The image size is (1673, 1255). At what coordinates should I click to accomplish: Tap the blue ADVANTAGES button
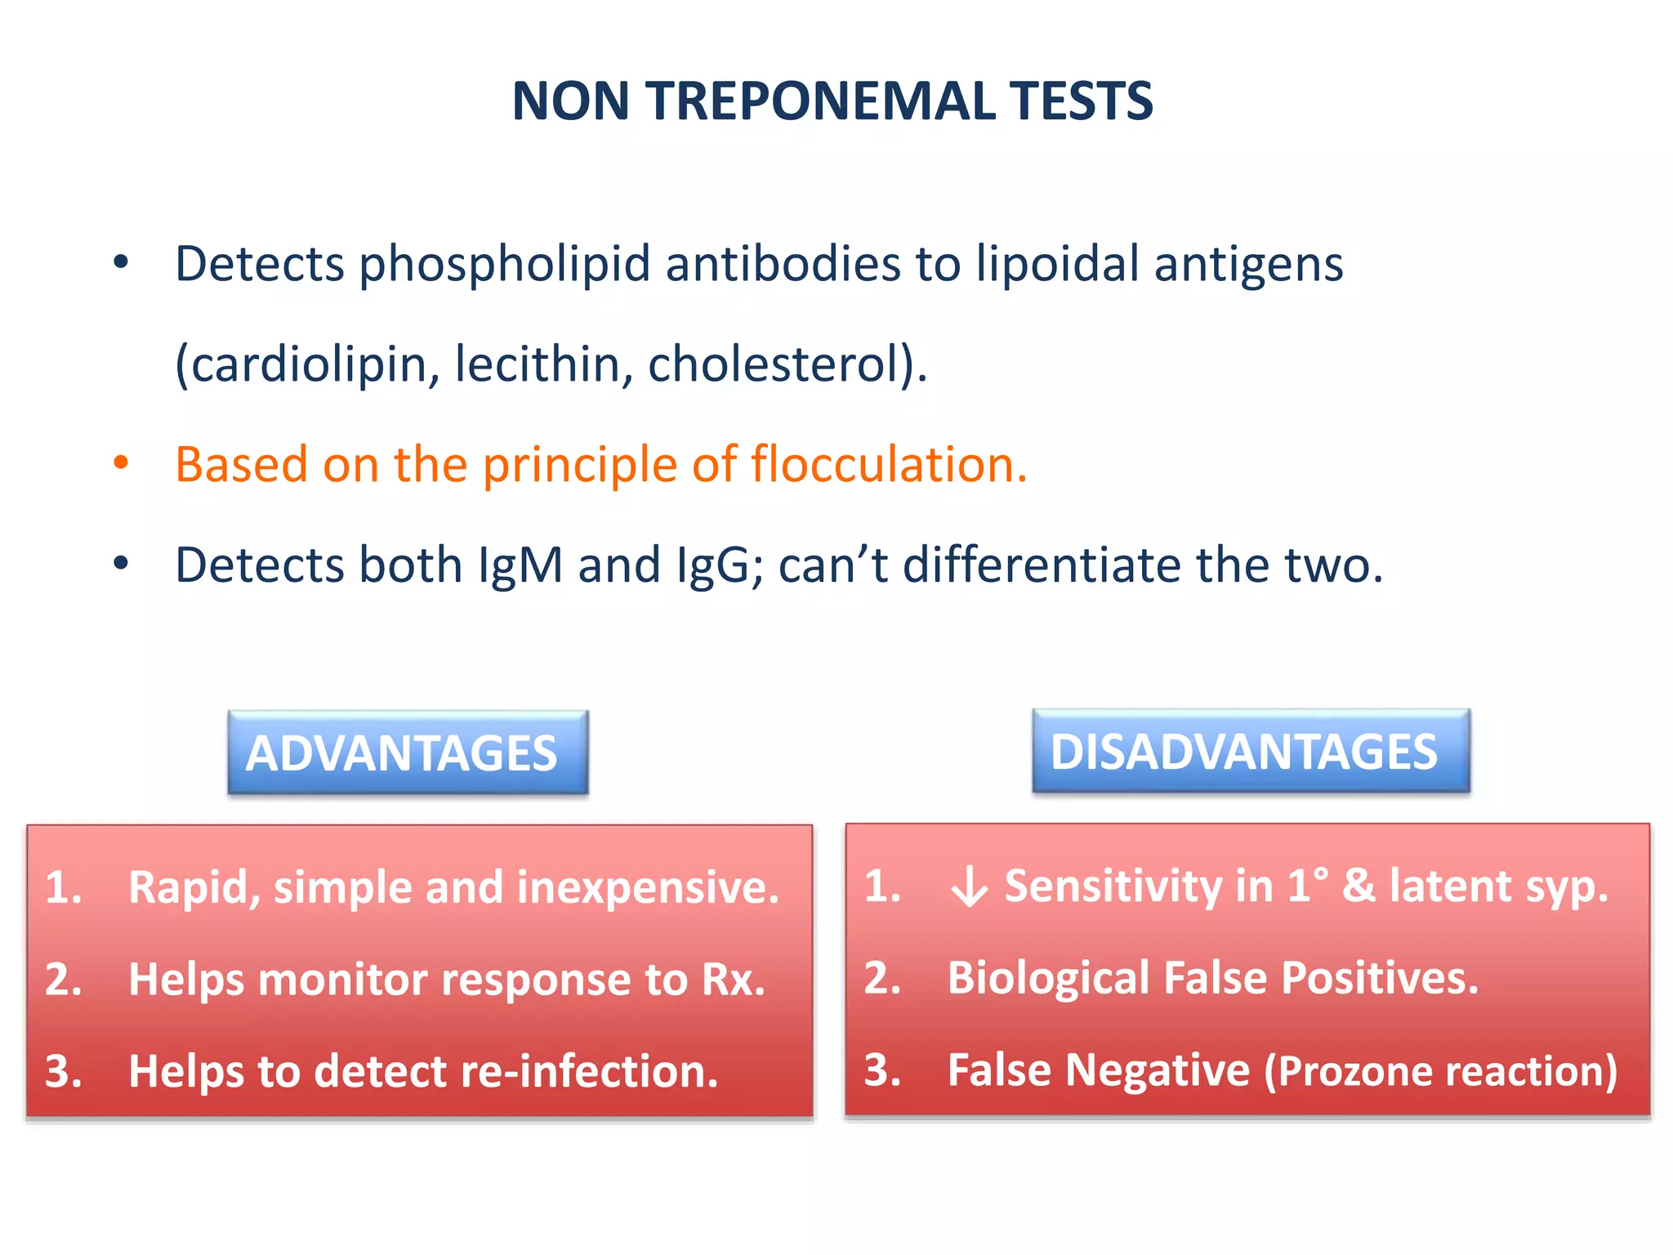pyautogui.click(x=408, y=753)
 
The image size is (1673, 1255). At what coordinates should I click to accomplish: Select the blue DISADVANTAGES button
pyautogui.click(x=1250, y=751)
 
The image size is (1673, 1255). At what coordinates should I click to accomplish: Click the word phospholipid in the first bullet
pyautogui.click(x=504, y=265)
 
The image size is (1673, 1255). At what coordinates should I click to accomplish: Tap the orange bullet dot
pyautogui.click(x=121, y=462)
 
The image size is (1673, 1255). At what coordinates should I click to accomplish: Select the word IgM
pyautogui.click(x=520, y=565)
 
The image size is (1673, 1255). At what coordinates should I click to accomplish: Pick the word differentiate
pyautogui.click(x=1042, y=565)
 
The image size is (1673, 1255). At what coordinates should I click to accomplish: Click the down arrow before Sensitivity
pyautogui.click(x=970, y=888)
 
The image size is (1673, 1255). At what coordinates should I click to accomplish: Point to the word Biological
pyautogui.click(x=1048, y=978)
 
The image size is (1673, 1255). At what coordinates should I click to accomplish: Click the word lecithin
pyautogui.click(x=542, y=364)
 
